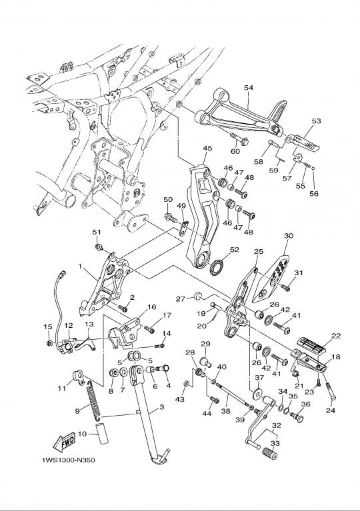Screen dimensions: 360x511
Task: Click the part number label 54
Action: coord(249,88)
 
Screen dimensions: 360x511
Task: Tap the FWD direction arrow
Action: coord(64,441)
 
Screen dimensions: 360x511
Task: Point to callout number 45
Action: coord(207,149)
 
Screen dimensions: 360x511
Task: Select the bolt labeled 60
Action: coord(239,138)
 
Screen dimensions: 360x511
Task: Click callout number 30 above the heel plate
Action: coord(289,236)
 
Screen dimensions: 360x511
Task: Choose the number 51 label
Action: coord(96,232)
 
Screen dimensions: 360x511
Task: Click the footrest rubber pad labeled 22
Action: coord(312,346)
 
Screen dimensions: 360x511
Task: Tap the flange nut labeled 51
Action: coord(99,247)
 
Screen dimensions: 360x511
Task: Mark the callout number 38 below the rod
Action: coord(225,411)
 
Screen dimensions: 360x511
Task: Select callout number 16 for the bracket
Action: coord(151,307)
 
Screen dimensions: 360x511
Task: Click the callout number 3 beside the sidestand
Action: coord(161,407)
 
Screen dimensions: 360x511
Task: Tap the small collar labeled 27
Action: coord(198,296)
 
